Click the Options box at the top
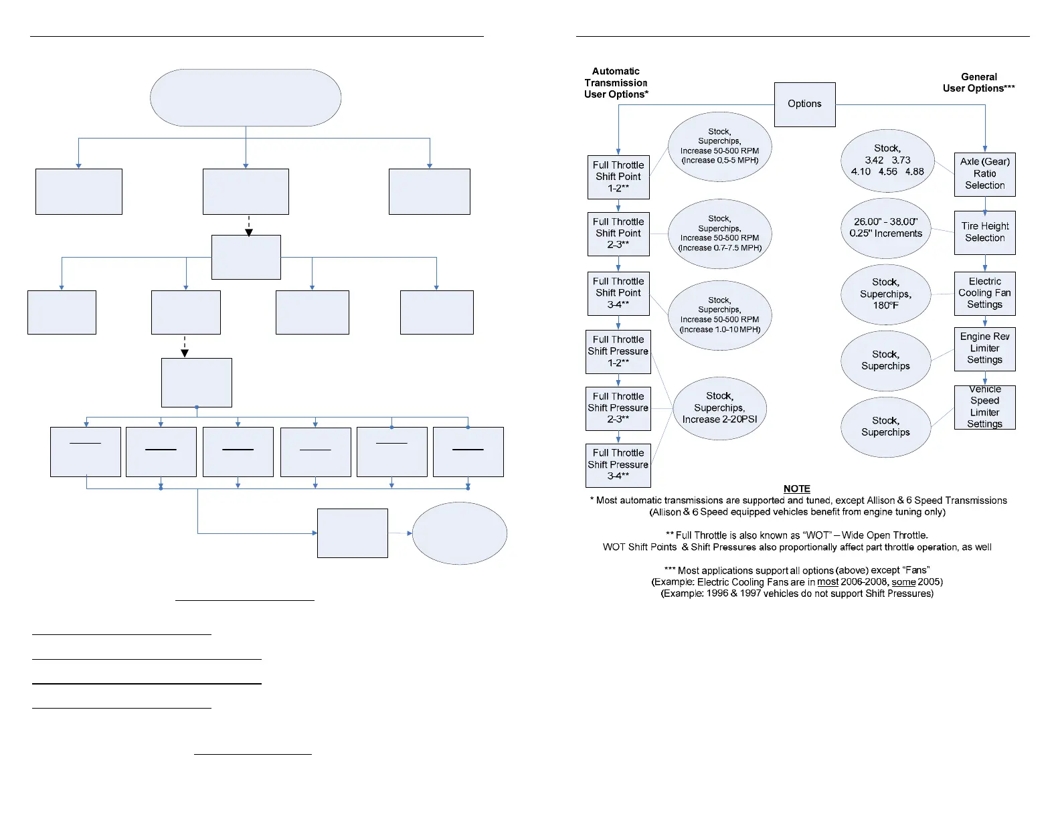pyautogui.click(x=804, y=104)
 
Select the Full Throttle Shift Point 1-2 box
pyautogui.click(x=618, y=177)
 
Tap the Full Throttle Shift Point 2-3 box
pyautogui.click(x=618, y=234)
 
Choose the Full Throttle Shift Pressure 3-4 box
pyautogui.click(x=618, y=465)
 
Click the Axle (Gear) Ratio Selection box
pyautogui.click(x=984, y=174)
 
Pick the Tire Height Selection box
pyautogui.click(x=984, y=232)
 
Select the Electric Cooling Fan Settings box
pyautogui.click(x=984, y=293)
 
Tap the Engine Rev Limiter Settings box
pyautogui.click(x=984, y=349)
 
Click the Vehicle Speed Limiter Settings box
pyautogui.click(x=984, y=407)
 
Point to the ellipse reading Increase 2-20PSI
pyautogui.click(x=719, y=408)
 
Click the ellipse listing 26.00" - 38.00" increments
pyautogui.click(x=885, y=227)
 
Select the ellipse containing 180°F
pyautogui.click(x=885, y=294)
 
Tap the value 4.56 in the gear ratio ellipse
pyautogui.click(x=888, y=172)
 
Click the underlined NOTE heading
pyautogui.click(x=796, y=489)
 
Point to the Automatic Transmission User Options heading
pyautogui.click(x=616, y=83)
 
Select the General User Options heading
pyautogui.click(x=978, y=83)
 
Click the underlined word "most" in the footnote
pyautogui.click(x=828, y=582)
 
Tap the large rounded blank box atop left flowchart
pyautogui.click(x=246, y=98)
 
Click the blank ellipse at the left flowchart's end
pyautogui.click(x=459, y=533)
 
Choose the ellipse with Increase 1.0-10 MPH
pyautogui.click(x=719, y=315)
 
